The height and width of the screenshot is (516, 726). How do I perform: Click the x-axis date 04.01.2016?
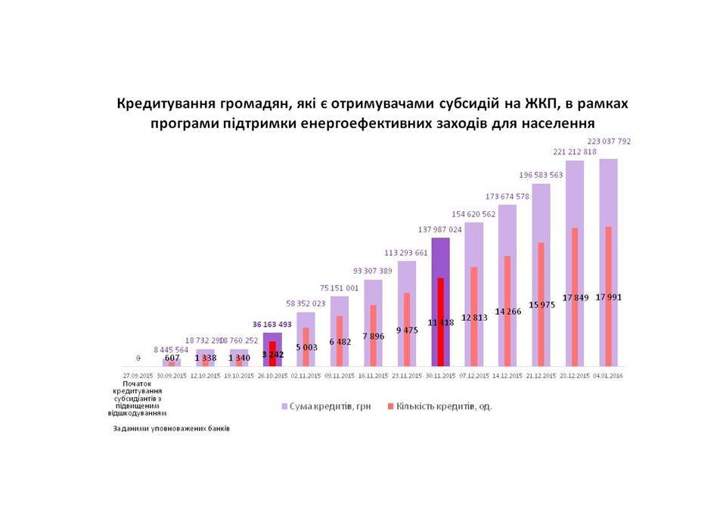(609, 375)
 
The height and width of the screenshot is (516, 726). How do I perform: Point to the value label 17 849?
(576, 297)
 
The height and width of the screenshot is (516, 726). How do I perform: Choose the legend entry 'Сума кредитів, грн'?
(322, 406)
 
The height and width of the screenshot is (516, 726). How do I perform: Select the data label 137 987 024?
(440, 228)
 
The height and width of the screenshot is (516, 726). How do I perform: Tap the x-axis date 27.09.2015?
(138, 375)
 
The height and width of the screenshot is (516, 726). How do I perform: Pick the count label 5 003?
(307, 347)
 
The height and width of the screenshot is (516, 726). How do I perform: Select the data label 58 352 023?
(306, 304)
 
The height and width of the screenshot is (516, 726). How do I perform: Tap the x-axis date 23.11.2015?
(407, 375)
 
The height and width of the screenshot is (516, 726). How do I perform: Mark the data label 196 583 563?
(541, 175)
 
